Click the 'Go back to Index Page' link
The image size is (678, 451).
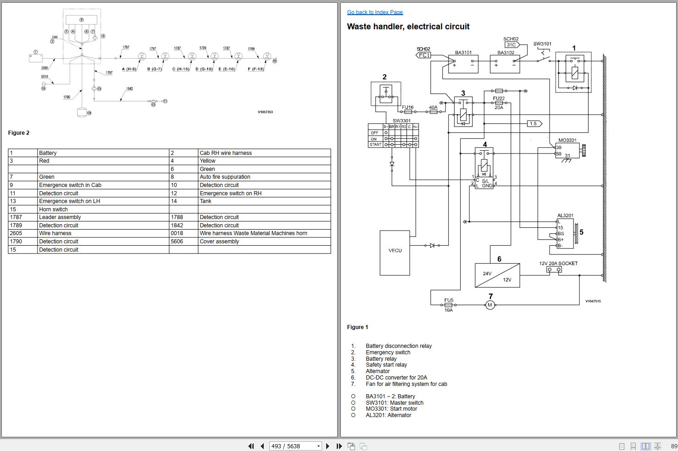375,12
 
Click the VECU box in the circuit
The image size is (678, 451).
395,253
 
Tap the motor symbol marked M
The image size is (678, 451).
490,305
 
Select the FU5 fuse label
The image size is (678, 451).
449,300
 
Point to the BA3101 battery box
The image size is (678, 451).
463,65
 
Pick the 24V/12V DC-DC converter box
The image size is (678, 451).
497,275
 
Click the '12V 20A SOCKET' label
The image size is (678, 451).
558,264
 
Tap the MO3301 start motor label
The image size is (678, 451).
567,140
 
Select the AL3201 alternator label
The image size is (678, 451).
565,215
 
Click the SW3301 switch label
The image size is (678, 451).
401,121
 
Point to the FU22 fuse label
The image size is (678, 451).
499,98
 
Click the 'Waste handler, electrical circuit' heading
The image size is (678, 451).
408,27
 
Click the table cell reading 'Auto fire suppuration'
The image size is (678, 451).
225,177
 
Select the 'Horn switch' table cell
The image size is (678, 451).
53,209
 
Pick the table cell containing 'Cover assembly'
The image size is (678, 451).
219,242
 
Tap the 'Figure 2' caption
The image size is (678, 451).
19,133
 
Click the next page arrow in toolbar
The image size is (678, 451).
328,446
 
